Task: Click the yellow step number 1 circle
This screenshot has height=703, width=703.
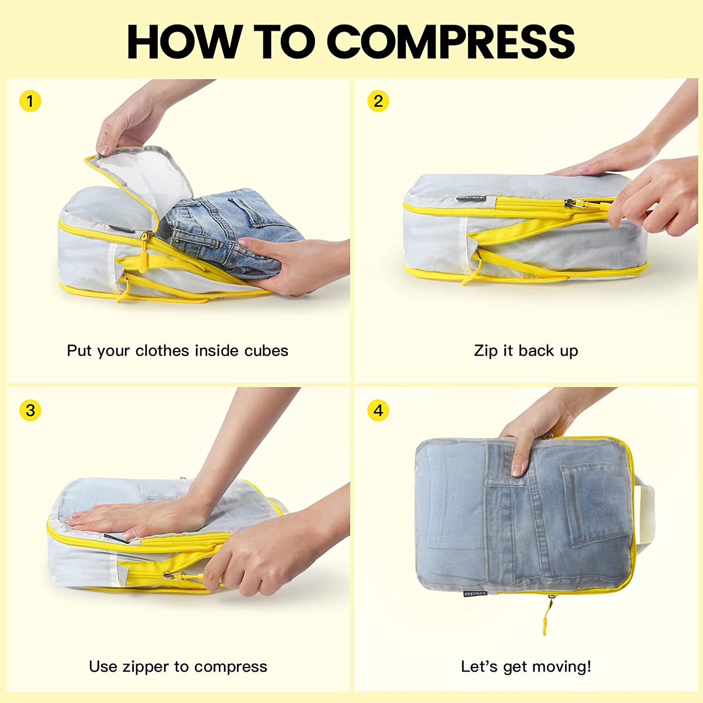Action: tap(30, 101)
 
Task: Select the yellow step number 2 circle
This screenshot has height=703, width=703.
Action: tap(378, 101)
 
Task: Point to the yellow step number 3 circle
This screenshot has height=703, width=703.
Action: tap(30, 411)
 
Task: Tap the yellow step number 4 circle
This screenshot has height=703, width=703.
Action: tap(378, 411)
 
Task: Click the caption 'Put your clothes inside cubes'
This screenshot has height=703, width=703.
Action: tap(177, 351)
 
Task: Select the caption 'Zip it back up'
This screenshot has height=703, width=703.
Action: tap(526, 351)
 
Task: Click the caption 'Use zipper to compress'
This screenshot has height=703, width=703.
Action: tap(178, 666)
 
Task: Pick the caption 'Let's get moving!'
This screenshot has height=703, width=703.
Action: tap(526, 666)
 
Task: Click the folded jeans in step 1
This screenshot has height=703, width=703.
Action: tap(225, 225)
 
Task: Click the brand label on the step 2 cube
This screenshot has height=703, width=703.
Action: tap(471, 199)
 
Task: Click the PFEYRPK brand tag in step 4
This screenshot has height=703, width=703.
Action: tap(475, 594)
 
